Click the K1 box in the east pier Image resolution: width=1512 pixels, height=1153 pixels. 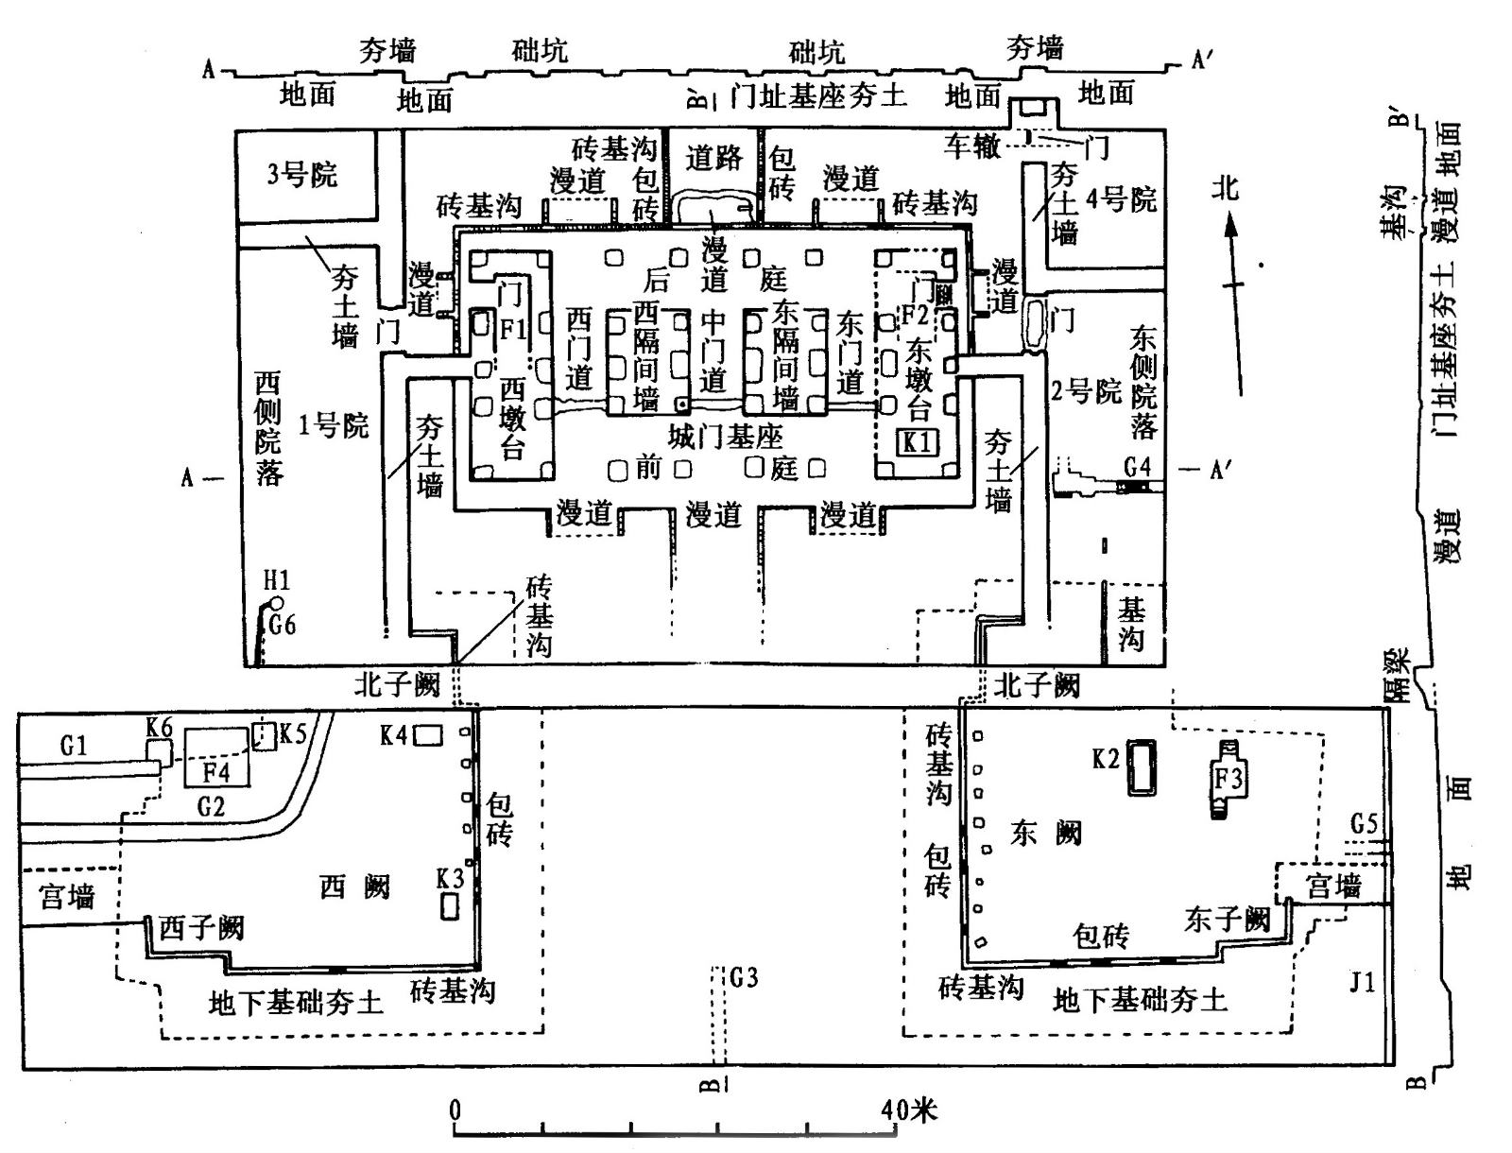point(918,442)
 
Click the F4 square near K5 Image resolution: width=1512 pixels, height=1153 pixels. point(217,758)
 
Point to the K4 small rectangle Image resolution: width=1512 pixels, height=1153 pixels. point(428,733)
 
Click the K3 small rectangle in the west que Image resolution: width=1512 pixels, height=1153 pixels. point(451,905)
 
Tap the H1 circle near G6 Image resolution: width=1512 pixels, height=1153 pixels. point(276,603)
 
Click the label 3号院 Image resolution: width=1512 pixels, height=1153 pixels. point(301,175)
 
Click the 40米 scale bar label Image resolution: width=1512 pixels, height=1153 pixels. point(909,1108)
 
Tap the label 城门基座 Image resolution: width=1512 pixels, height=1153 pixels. point(725,437)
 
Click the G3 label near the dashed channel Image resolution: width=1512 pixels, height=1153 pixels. point(744,977)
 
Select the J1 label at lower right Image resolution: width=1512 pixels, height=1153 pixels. point(1361,984)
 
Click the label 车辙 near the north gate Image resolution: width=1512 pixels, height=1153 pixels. point(971,145)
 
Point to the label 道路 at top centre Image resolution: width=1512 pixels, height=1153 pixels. point(713,157)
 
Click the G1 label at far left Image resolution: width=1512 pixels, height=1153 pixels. point(74,746)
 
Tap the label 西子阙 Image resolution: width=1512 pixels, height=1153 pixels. point(200,927)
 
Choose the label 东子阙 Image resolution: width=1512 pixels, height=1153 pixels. point(1226,919)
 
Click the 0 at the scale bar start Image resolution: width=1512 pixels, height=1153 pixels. point(455,1108)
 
